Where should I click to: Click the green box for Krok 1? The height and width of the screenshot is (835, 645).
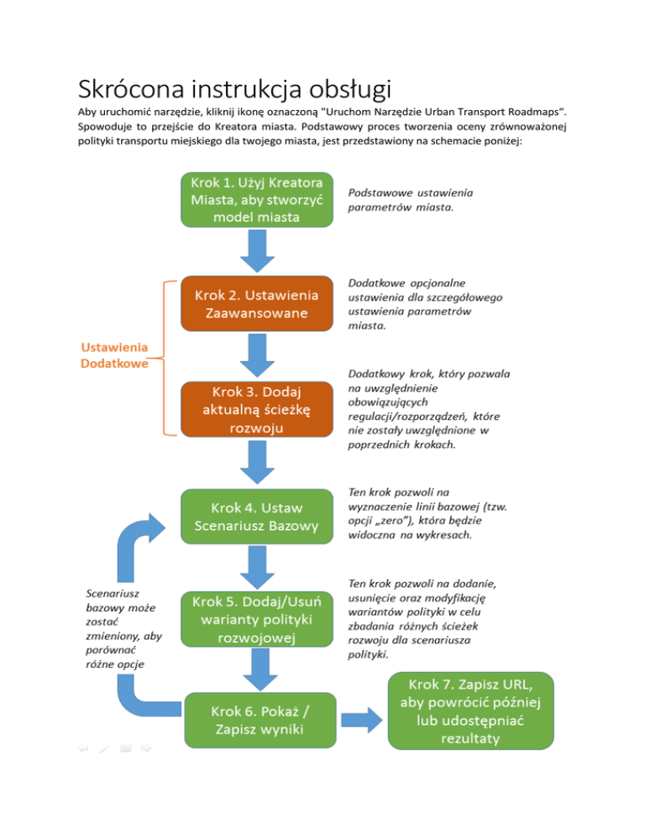(x=257, y=201)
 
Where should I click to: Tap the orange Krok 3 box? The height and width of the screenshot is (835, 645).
(x=257, y=410)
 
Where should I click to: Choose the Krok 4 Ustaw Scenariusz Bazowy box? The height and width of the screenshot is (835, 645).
(x=257, y=517)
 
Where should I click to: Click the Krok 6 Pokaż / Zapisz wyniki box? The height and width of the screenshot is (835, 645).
(x=257, y=721)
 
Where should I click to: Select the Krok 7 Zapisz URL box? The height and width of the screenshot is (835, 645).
(x=472, y=710)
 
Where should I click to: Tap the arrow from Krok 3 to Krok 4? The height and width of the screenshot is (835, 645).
(x=257, y=464)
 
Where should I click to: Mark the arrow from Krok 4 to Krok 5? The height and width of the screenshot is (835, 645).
(x=257, y=569)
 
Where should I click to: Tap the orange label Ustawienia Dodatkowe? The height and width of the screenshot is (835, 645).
(x=114, y=355)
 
